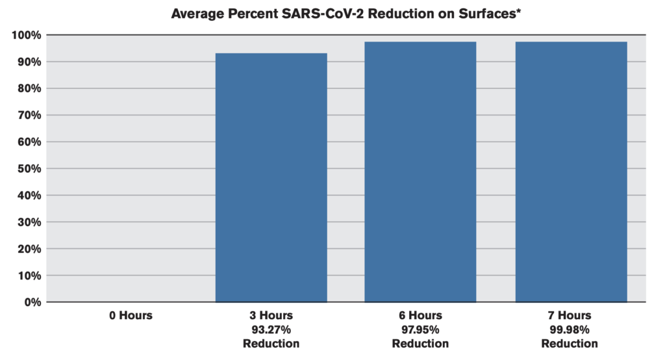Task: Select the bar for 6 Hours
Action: [x=420, y=172]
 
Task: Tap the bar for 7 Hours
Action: [x=571, y=172]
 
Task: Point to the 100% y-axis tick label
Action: [x=27, y=34]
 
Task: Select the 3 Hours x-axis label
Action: [x=271, y=316]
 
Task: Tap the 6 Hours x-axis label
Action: [x=420, y=316]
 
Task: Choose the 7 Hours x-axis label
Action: [x=570, y=316]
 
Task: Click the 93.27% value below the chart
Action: [x=271, y=329]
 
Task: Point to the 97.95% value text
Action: [x=420, y=329]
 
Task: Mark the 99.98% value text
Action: [x=570, y=329]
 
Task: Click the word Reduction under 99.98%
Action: [x=570, y=343]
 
